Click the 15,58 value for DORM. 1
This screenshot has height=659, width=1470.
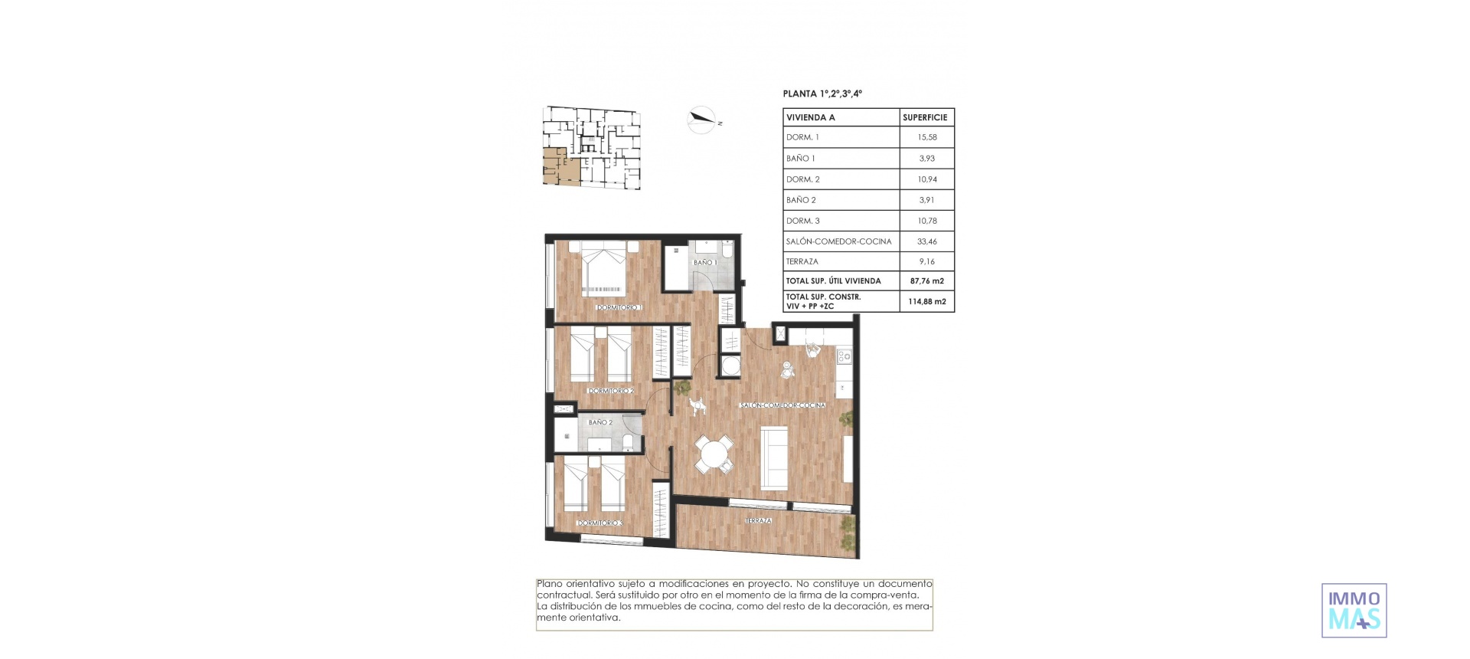[926, 137]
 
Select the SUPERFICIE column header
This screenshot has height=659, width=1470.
[925, 117]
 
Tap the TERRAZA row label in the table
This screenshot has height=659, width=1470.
[802, 261]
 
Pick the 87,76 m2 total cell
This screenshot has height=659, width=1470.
[926, 280]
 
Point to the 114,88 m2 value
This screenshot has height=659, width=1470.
[926, 301]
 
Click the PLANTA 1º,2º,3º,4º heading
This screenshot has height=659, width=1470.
[822, 93]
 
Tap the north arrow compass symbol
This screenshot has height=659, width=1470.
[701, 119]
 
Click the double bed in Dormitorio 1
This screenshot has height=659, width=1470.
[604, 269]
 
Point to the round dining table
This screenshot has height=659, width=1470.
[714, 454]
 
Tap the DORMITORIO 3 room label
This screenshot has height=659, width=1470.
[600, 523]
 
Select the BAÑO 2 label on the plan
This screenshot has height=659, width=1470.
[600, 422]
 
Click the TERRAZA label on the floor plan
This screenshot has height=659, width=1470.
[758, 521]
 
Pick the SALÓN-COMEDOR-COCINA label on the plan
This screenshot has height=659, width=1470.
[782, 405]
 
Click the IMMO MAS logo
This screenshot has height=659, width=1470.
[1354, 610]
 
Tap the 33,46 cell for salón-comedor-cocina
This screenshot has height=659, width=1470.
[926, 241]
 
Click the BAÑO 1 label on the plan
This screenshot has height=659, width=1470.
[704, 262]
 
